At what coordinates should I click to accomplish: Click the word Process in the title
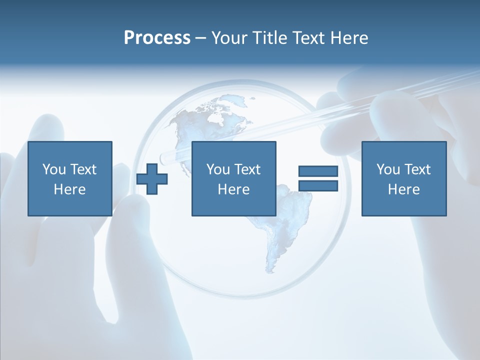157,38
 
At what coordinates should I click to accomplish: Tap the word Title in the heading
269,38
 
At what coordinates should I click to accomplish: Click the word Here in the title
349,38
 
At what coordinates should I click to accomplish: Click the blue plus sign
152,178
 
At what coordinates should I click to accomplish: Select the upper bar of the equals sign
318,171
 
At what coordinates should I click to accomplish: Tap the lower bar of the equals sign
318,185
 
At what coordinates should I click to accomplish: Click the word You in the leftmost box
54,169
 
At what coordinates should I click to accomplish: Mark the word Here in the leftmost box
69,189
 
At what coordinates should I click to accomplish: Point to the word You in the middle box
218,169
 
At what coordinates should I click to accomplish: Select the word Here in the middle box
233,189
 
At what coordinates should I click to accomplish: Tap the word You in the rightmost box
388,169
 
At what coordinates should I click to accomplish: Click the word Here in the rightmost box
403,189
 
